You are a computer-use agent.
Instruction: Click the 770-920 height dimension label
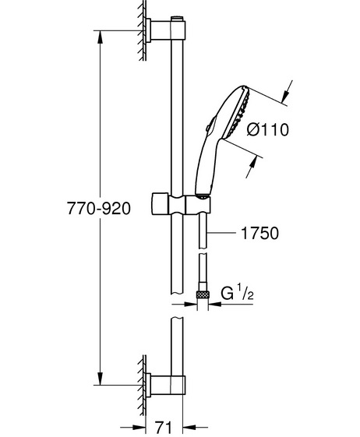coord(99,208)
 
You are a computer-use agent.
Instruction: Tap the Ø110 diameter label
coord(268,129)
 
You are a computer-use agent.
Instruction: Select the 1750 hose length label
coord(259,233)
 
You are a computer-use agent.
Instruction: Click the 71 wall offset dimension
coord(163,427)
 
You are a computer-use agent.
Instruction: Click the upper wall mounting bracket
coord(165,30)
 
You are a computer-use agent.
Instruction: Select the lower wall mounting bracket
coord(165,385)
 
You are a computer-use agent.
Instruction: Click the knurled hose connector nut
coord(203,294)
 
